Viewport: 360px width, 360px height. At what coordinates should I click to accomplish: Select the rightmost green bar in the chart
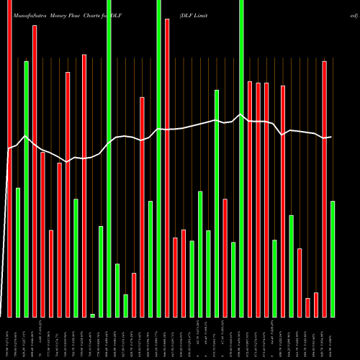333,258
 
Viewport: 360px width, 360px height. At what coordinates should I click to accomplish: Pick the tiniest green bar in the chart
92,315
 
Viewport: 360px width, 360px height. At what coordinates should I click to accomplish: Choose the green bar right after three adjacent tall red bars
274,278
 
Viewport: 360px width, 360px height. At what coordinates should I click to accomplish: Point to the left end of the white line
8,149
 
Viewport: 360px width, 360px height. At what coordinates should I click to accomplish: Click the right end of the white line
331,137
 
